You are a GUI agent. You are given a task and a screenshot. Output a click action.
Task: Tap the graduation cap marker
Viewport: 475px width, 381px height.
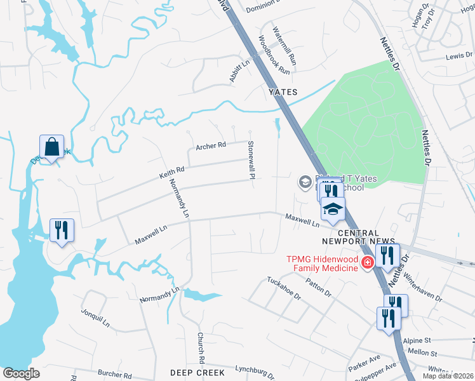click(333, 209)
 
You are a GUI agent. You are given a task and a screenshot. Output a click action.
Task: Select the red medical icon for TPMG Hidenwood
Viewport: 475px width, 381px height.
click(366, 262)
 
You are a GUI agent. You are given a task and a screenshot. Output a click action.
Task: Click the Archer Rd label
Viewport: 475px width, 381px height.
click(211, 145)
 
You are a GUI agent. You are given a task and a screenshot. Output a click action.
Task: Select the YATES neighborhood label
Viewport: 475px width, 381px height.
click(283, 92)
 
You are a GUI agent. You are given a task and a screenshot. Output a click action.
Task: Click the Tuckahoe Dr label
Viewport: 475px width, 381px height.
click(283, 289)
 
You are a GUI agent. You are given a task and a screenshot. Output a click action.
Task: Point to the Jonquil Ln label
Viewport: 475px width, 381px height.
click(95, 318)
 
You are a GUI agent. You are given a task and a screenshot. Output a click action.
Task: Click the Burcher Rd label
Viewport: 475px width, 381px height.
click(114, 375)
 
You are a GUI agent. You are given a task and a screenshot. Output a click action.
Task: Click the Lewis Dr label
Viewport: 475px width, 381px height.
click(455, 57)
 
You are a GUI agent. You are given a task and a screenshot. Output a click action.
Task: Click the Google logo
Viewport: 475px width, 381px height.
click(21, 373)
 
